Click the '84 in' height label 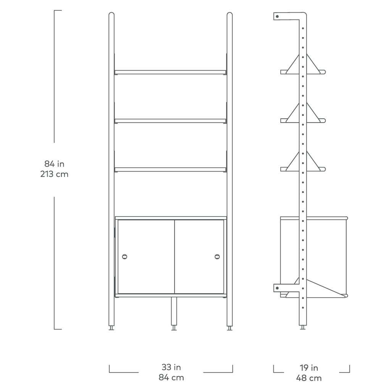(54, 164)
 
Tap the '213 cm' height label (54, 174)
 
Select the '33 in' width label (171, 367)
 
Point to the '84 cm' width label (171, 377)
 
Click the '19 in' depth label (309, 368)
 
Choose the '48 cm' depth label (309, 378)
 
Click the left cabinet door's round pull (124, 257)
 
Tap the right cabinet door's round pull (217, 257)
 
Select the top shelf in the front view (170, 72)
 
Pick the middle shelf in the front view (170, 121)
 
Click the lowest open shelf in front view (170, 170)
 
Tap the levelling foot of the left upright (111, 328)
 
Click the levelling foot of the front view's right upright (229, 328)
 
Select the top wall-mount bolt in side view (277, 17)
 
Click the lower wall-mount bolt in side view (277, 288)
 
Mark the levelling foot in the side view (303, 328)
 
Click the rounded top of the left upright (111, 15)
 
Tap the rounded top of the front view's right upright (229, 15)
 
